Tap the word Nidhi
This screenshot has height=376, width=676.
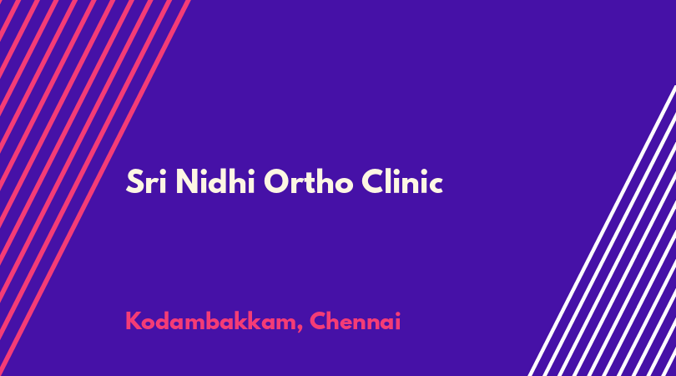click(x=215, y=182)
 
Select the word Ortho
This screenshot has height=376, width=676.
click(x=308, y=182)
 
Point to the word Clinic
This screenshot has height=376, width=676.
click(x=402, y=182)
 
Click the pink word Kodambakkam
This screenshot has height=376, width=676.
click(x=211, y=321)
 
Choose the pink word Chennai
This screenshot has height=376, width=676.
click(x=356, y=321)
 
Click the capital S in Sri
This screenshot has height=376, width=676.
click(x=134, y=182)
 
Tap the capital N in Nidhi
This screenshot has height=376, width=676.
click(x=187, y=182)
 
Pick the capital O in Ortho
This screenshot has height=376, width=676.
click(x=276, y=182)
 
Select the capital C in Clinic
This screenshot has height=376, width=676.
click(x=373, y=182)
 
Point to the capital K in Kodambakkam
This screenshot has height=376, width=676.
click(x=133, y=321)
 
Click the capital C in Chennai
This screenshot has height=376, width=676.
click(x=317, y=321)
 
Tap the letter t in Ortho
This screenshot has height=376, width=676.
click(x=307, y=183)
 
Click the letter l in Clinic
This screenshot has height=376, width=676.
click(x=391, y=181)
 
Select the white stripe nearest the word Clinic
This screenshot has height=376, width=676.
click(x=603, y=231)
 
